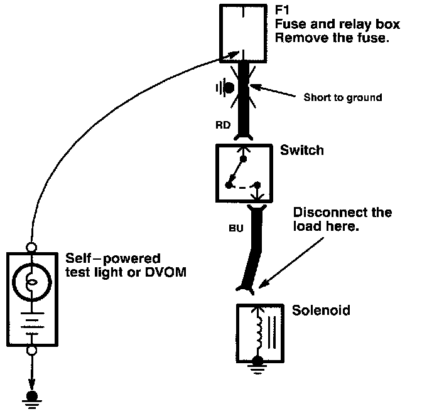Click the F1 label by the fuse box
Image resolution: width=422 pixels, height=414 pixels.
[282, 10]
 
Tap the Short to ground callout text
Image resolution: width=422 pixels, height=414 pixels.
[343, 97]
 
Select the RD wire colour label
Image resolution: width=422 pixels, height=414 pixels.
[223, 125]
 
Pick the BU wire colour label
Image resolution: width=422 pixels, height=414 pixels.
[236, 228]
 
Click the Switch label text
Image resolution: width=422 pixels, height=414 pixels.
[301, 150]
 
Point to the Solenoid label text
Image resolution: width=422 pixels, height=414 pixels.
[321, 310]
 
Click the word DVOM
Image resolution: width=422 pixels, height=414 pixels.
[166, 272]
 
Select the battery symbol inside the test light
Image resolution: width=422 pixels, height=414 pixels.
[32, 324]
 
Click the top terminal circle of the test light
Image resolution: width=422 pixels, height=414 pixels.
[31, 247]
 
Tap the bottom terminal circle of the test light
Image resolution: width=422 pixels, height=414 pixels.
[31, 350]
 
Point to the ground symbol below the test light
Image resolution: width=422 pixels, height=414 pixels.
[32, 400]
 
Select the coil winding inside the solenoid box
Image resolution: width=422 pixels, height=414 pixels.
[259, 331]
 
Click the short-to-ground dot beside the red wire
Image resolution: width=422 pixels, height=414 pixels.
[229, 88]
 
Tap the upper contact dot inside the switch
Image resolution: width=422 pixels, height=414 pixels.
[243, 159]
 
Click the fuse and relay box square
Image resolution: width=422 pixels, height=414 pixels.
[243, 34]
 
